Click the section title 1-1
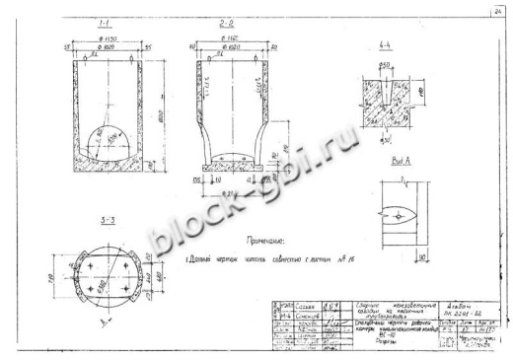pos(103,21)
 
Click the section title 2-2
pos(227,21)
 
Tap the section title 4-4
pos(386,73)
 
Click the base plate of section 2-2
pos(232,170)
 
